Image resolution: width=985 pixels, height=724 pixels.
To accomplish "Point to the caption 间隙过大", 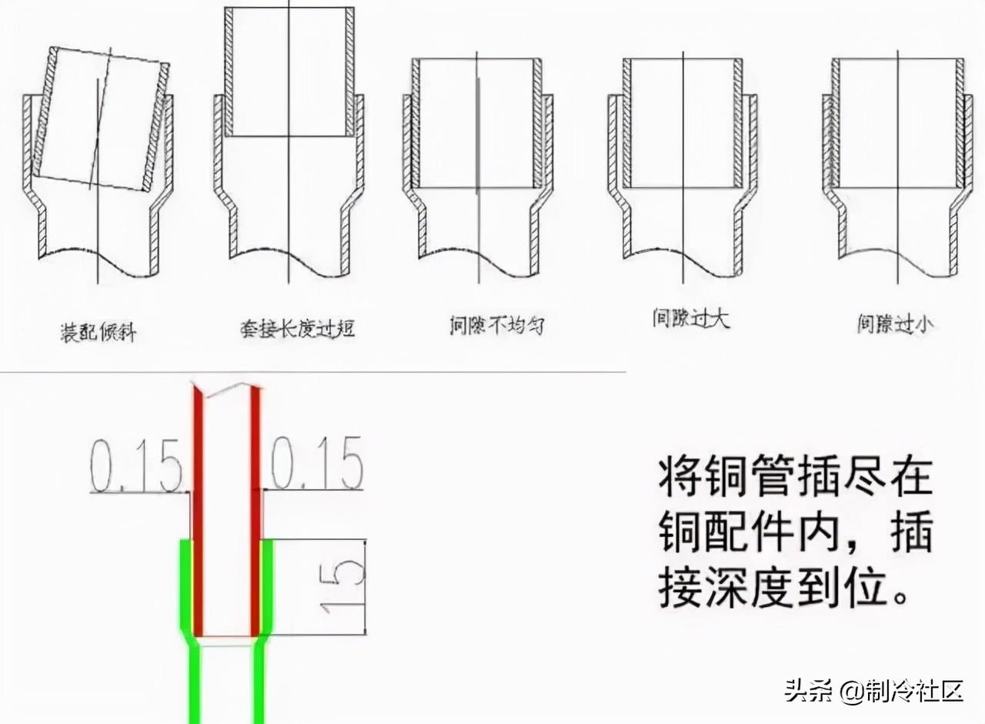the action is (x=690, y=319).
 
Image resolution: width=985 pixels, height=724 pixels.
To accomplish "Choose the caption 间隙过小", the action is (x=896, y=324).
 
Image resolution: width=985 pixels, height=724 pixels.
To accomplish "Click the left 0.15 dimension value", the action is (x=136, y=467).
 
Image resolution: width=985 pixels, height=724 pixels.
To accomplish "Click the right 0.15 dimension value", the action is (x=317, y=464).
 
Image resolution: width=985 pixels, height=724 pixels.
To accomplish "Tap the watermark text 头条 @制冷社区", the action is (x=873, y=690).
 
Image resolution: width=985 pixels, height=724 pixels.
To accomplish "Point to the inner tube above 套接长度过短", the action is (x=289, y=73).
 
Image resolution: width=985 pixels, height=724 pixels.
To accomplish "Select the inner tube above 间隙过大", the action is (x=683, y=123).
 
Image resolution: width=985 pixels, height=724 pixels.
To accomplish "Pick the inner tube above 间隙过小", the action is (x=897, y=123).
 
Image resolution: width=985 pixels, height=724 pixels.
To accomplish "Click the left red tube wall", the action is (x=198, y=508).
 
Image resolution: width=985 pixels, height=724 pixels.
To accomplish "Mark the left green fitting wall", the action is (x=185, y=585).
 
